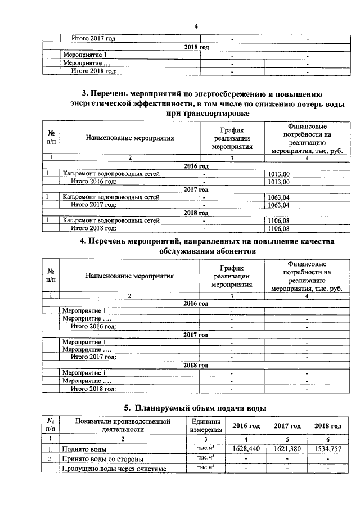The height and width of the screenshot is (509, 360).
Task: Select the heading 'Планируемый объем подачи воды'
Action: point(195,408)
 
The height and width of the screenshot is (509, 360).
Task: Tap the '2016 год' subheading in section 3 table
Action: point(196,166)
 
